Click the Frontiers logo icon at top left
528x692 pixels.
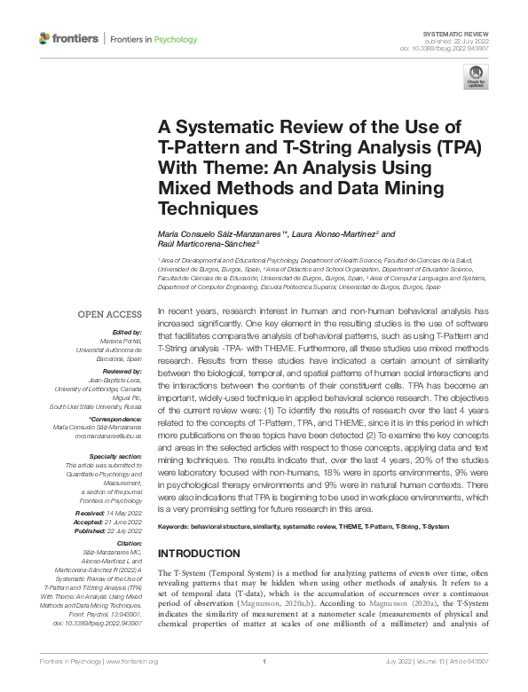coord(45,39)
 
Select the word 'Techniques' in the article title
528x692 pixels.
coord(207,208)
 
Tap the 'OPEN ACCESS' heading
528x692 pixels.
coord(110,314)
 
